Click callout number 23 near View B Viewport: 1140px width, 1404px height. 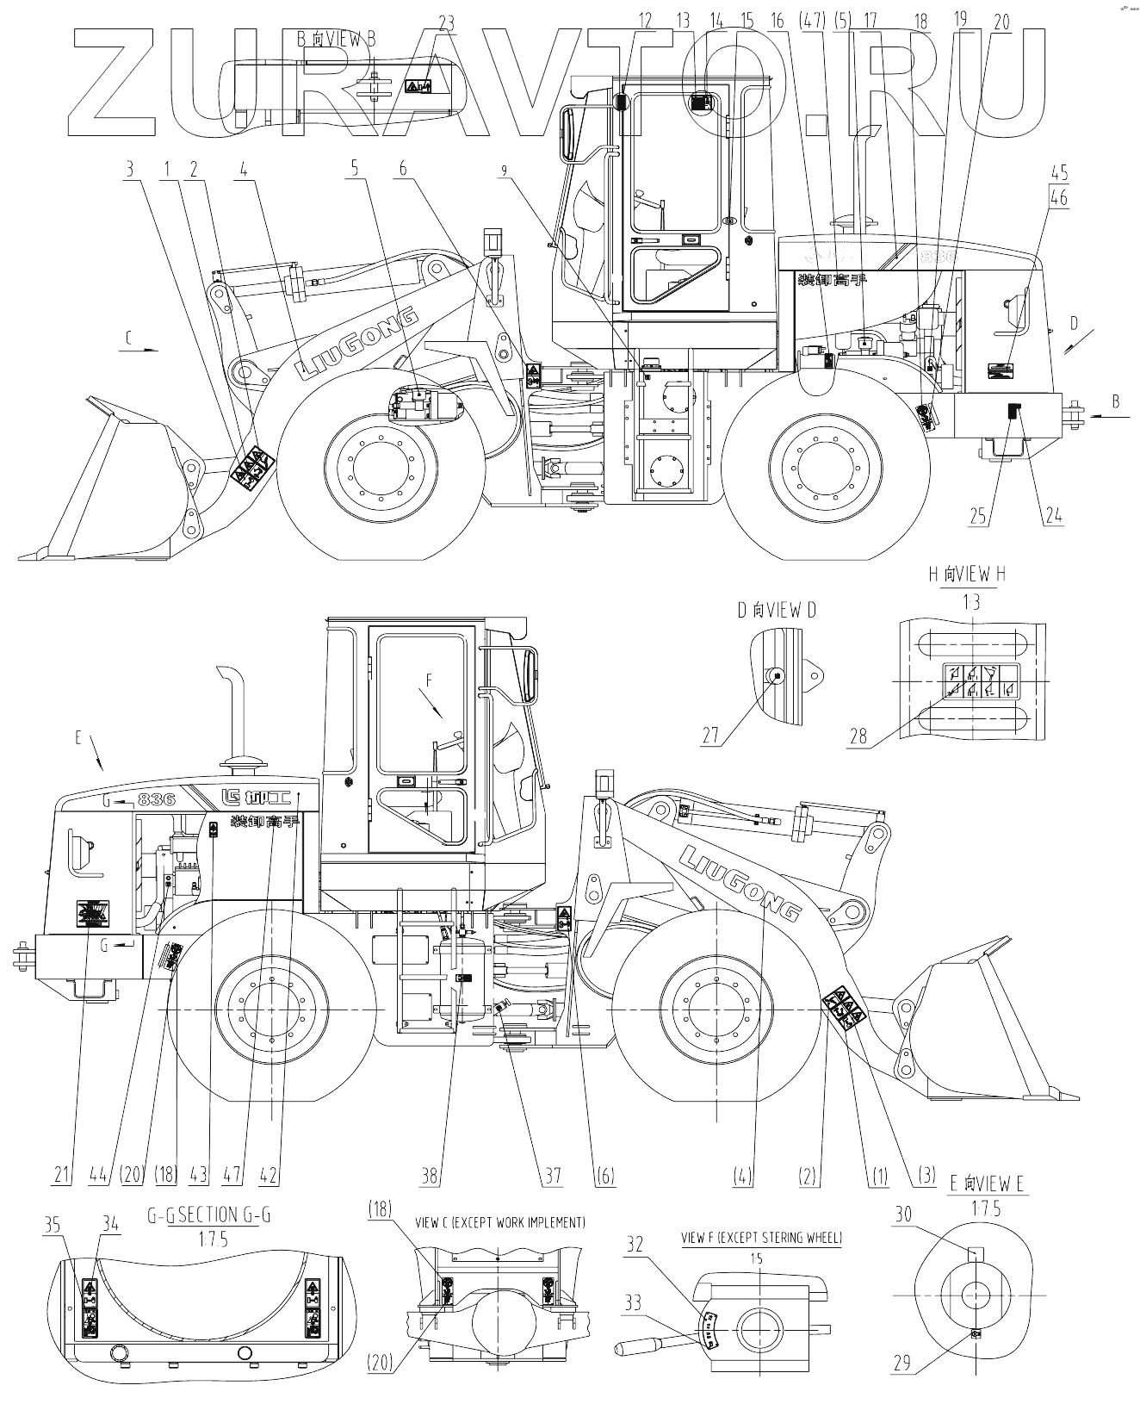[445, 23]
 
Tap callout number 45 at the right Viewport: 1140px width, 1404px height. [1058, 171]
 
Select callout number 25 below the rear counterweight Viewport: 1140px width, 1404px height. [978, 516]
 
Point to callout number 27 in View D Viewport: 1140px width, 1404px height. [710, 736]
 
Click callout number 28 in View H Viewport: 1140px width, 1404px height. [858, 736]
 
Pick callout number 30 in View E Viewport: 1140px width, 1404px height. [903, 1215]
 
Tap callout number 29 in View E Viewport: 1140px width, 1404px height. [901, 1363]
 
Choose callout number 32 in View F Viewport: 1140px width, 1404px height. [635, 1244]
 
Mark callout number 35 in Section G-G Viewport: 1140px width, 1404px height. [53, 1224]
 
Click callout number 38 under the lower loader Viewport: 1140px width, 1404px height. [431, 1175]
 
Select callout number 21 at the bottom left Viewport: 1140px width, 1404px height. [62, 1175]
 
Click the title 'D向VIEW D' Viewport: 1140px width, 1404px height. [776, 611]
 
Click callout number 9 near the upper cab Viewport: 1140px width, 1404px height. [505, 171]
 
